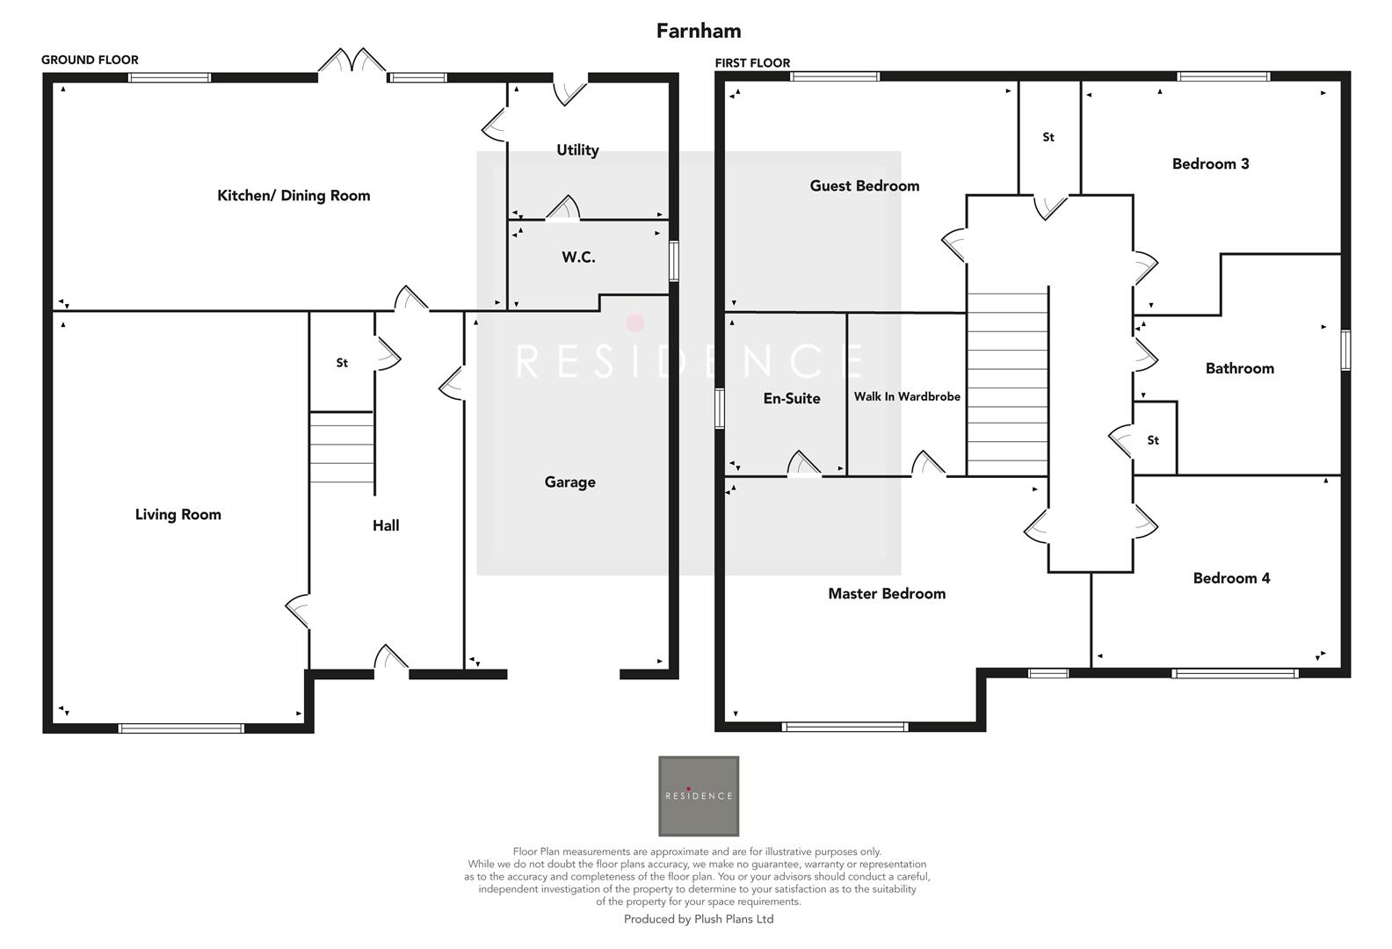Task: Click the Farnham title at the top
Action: click(x=699, y=31)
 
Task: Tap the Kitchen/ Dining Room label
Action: click(x=294, y=196)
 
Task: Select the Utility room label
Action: click(x=577, y=150)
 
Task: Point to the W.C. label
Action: click(x=578, y=257)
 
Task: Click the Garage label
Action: click(x=569, y=482)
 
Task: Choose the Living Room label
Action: click(x=178, y=515)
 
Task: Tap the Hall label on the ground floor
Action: click(x=386, y=525)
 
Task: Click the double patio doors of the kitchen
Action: click(x=352, y=65)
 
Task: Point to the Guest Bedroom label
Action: click(x=864, y=186)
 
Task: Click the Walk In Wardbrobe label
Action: click(x=907, y=397)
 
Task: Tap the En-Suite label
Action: click(x=791, y=399)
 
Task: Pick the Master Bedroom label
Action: click(x=887, y=594)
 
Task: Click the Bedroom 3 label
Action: click(x=1210, y=164)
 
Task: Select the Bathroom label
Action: click(x=1239, y=369)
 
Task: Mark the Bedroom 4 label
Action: click(x=1231, y=578)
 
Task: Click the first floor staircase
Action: click(x=1007, y=382)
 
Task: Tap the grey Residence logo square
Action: click(x=699, y=795)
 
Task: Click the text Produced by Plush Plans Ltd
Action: click(x=698, y=919)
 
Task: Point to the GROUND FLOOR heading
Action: click(x=90, y=60)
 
